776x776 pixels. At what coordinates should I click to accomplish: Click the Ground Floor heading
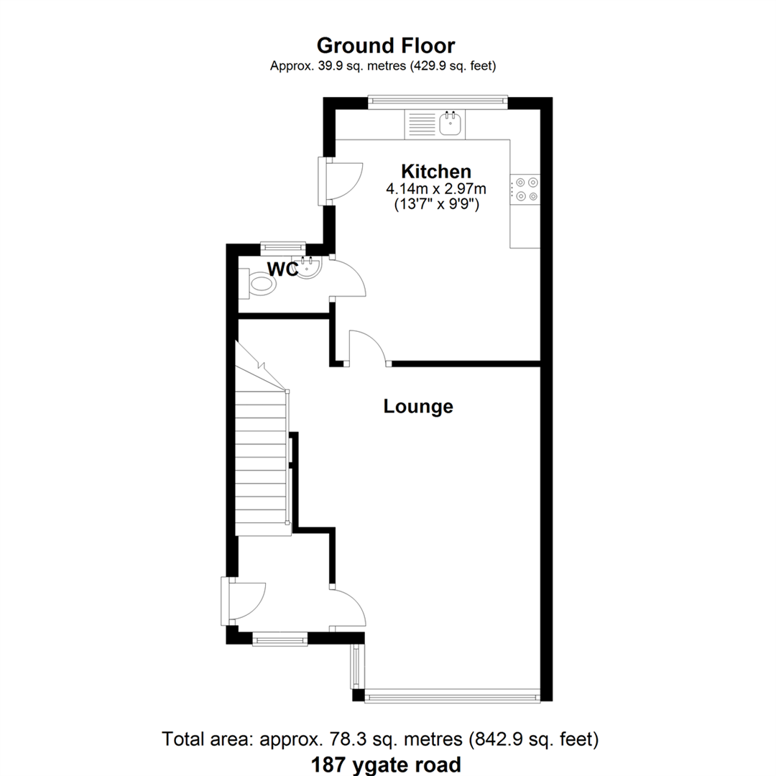(386, 45)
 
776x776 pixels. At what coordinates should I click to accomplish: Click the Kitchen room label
(436, 171)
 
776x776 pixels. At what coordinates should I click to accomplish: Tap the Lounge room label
(418, 406)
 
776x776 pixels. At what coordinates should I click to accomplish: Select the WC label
(282, 269)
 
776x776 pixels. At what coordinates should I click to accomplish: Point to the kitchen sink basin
(451, 124)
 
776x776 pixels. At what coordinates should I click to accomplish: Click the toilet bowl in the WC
(262, 285)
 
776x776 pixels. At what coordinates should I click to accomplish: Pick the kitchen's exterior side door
(341, 180)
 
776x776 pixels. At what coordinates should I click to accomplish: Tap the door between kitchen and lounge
(367, 347)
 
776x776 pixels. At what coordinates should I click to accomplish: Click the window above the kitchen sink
(438, 101)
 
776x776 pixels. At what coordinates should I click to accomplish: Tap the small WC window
(283, 246)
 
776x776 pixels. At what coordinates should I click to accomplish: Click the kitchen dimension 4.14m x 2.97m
(436, 188)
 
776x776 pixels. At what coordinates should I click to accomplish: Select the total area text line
(380, 739)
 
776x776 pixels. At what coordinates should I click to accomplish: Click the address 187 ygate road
(386, 765)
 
